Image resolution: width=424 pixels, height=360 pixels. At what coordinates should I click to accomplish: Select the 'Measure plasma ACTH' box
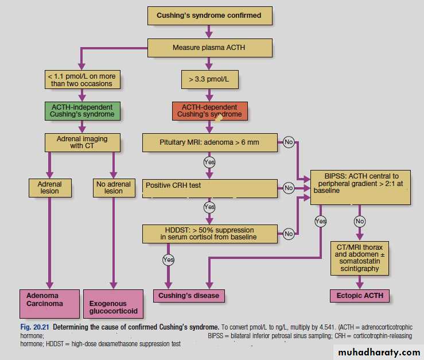coord(208,48)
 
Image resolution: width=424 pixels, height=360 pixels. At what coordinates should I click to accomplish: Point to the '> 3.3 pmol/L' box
coord(209,79)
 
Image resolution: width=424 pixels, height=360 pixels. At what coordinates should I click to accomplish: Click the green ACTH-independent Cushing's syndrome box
coord(82,110)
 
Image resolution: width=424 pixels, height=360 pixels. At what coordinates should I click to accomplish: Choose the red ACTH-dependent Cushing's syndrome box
coord(209,111)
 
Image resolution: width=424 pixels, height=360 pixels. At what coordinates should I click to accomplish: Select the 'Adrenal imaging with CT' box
coord(81,142)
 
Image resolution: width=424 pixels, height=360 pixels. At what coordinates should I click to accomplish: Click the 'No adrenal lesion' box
coord(114,187)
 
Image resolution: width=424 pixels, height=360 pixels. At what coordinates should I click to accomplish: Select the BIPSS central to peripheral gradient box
coord(360,187)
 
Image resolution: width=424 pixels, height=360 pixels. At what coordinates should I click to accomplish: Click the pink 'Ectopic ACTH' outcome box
coord(360,296)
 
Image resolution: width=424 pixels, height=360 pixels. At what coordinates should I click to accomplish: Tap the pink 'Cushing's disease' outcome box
coord(189,296)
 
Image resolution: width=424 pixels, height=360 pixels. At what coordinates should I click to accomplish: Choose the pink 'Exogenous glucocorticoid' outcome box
coord(114,304)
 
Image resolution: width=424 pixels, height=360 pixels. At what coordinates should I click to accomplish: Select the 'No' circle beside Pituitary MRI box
coord(288,142)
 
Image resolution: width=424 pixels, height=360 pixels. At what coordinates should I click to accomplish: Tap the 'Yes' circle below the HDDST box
coord(168,260)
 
